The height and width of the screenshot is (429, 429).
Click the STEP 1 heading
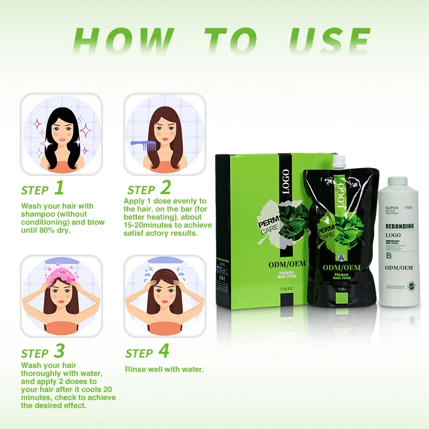tap(42, 189)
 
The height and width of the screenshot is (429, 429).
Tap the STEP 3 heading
tap(42, 352)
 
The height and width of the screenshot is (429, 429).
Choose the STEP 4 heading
tap(147, 352)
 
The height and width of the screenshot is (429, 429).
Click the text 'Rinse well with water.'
tap(164, 369)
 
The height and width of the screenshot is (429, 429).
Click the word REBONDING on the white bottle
tap(400, 226)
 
